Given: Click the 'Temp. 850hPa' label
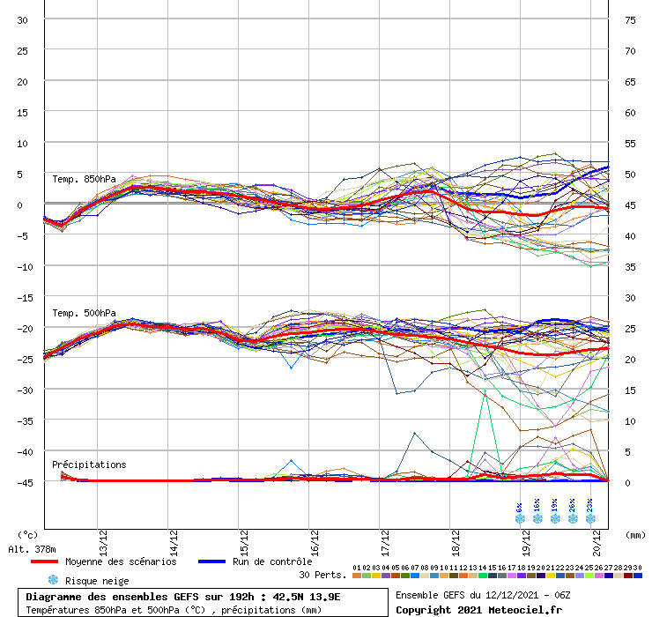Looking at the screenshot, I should (x=84, y=180).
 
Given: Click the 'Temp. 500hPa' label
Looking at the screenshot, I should (x=84, y=313).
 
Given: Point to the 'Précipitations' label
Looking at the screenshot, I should (x=89, y=465).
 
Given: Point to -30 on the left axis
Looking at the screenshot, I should (x=23, y=390).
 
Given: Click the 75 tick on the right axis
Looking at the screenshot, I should (x=630, y=20).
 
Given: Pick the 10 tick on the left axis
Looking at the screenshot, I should (x=23, y=143).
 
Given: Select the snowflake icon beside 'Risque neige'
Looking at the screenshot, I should (x=53, y=580).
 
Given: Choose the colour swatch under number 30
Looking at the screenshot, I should (x=637, y=576).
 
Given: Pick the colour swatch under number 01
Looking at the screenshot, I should (x=357, y=576).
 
